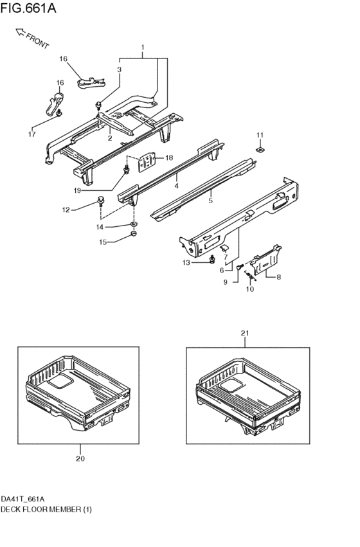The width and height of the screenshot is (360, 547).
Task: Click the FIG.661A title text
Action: click(28, 8)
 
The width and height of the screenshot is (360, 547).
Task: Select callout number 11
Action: click(260, 136)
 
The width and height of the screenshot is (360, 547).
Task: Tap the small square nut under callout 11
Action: click(260, 150)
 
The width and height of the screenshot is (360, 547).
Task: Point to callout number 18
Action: click(169, 158)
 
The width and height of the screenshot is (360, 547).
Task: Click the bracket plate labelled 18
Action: click(147, 161)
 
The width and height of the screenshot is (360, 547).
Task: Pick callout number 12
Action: click(66, 210)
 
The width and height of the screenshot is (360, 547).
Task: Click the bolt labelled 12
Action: click(100, 201)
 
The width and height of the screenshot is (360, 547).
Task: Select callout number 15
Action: click(103, 242)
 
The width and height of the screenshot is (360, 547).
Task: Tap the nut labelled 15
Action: click(133, 233)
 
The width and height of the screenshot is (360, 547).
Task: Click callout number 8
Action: click(278, 277)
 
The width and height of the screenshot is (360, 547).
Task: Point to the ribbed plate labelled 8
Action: click(266, 259)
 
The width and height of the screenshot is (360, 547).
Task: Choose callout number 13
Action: click(186, 263)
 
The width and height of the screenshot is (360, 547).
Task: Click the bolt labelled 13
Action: click(212, 260)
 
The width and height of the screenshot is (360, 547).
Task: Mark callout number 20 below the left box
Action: click(80, 459)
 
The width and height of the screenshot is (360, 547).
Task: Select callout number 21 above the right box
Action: click(245, 334)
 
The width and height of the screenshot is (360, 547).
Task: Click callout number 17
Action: click(32, 134)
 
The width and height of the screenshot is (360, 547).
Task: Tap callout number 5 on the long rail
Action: click(210, 201)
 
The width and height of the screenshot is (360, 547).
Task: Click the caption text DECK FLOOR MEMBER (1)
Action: click(46, 509)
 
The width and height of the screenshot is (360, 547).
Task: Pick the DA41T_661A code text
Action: click(22, 499)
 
